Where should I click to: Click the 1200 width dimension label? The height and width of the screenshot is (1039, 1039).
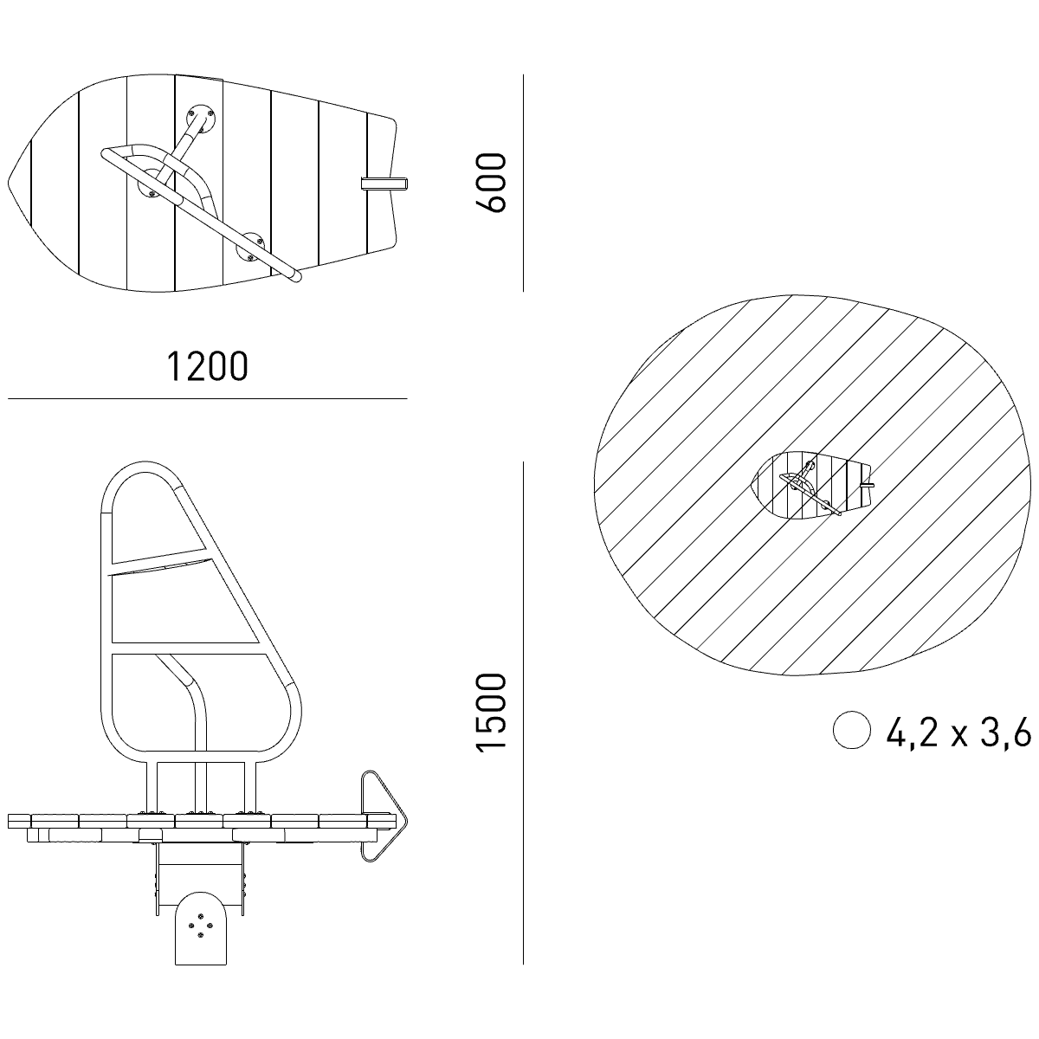207,366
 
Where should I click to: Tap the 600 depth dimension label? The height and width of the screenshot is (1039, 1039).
490,183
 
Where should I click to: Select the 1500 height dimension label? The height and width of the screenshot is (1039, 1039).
490,711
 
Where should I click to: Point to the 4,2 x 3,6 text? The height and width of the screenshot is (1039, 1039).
958,732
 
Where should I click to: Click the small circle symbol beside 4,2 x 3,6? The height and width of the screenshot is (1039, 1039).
851,730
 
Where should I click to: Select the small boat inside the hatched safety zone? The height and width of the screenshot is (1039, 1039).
812,485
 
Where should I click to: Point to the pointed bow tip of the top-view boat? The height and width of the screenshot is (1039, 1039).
9,182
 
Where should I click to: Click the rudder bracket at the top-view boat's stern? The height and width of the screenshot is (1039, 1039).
384,184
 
